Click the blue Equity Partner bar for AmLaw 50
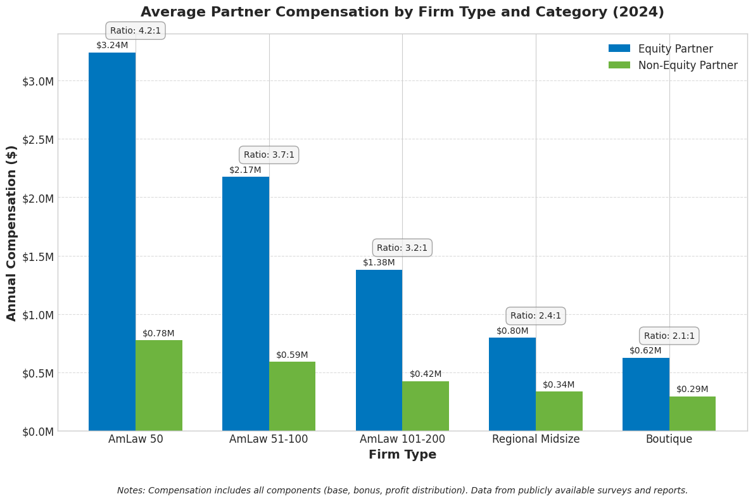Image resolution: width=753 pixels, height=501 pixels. (x=112, y=241)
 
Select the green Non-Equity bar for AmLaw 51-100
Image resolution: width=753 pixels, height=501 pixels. (x=292, y=396)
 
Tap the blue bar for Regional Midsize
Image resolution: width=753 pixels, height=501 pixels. (x=512, y=384)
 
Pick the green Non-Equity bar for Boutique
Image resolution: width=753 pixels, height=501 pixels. (x=692, y=414)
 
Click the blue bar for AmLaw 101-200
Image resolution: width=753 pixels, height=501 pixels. (x=379, y=350)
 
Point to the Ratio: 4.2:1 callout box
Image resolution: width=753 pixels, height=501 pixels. (x=136, y=30)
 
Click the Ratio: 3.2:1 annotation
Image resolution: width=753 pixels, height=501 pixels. (x=402, y=248)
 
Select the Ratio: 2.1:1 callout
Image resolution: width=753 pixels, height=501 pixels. (x=669, y=336)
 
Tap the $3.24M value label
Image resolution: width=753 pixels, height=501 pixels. (x=112, y=46)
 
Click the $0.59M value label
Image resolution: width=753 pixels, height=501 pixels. (x=292, y=355)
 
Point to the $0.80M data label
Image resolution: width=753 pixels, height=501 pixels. (x=512, y=331)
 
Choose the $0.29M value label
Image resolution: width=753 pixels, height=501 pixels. (x=692, y=389)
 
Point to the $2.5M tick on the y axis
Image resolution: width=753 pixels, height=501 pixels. (x=38, y=139)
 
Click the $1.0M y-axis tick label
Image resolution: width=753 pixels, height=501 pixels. (x=38, y=315)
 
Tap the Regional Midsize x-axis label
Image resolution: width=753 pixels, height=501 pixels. (x=536, y=439)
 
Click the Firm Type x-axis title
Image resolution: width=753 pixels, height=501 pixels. (x=402, y=455)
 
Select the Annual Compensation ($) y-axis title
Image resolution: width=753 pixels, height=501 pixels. (x=12, y=232)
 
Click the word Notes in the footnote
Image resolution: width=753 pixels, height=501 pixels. (x=130, y=490)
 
